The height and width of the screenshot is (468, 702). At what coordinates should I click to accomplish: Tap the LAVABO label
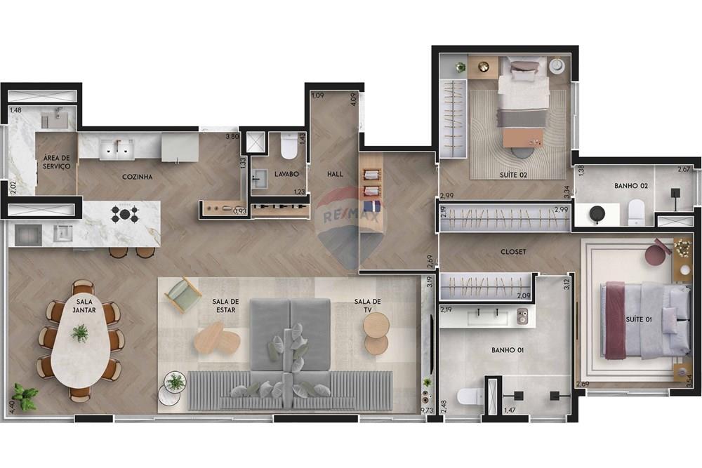pyautogui.click(x=287, y=173)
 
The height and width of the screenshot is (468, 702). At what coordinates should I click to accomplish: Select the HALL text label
pyautogui.click(x=335, y=173)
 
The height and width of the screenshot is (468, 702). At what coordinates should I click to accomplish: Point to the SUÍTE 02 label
pyautogui.click(x=514, y=173)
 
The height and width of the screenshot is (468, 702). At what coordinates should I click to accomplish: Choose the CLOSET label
pyautogui.click(x=514, y=250)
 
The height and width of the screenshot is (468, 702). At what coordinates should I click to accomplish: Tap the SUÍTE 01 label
pyautogui.click(x=639, y=320)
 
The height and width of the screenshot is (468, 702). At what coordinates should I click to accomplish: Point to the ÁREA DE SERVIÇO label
pyautogui.click(x=57, y=163)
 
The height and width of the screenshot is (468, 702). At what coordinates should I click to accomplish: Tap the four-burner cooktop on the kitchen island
pyautogui.click(x=124, y=214)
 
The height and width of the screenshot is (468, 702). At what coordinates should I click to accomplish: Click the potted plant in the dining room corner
pyautogui.click(x=25, y=397)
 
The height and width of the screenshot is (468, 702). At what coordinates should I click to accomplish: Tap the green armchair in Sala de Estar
pyautogui.click(x=183, y=293)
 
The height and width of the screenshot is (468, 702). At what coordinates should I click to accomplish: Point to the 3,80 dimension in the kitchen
pyautogui.click(x=232, y=137)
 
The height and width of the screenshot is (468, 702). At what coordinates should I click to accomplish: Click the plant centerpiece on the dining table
pyautogui.click(x=80, y=333)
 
